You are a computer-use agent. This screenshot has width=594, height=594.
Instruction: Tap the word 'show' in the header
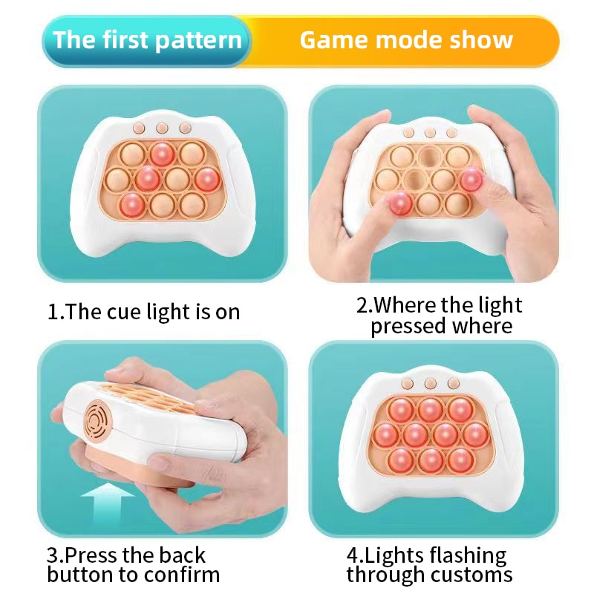coord(483,40)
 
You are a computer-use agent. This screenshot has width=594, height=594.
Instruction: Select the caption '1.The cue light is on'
coord(144,311)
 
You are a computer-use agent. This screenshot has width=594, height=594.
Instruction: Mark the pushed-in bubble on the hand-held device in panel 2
coord(429,157)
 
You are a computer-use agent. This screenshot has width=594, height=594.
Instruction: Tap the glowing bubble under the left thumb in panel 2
coord(401,202)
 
